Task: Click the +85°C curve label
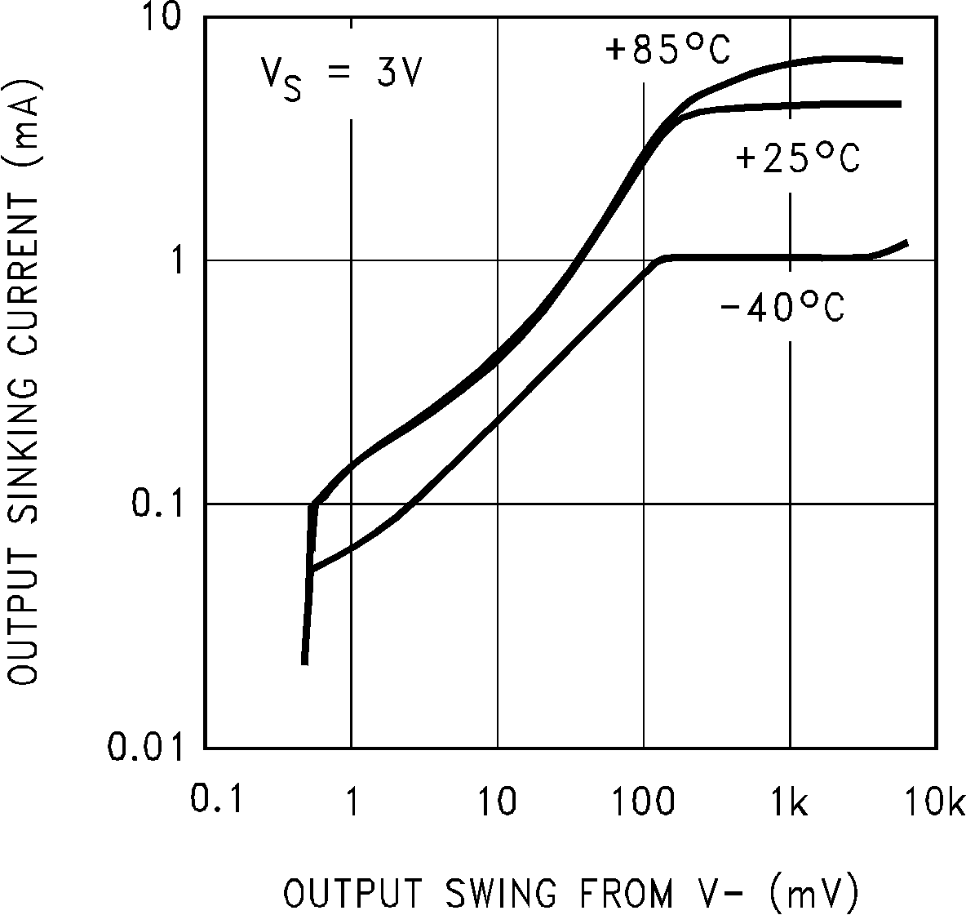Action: [667, 51]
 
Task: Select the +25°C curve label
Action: [798, 158]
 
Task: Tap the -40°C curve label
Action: [782, 309]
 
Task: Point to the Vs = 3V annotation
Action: [341, 77]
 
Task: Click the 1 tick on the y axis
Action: [179, 260]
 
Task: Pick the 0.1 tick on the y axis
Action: [159, 504]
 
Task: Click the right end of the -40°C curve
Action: [906, 242]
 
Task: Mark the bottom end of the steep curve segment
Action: [304, 663]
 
